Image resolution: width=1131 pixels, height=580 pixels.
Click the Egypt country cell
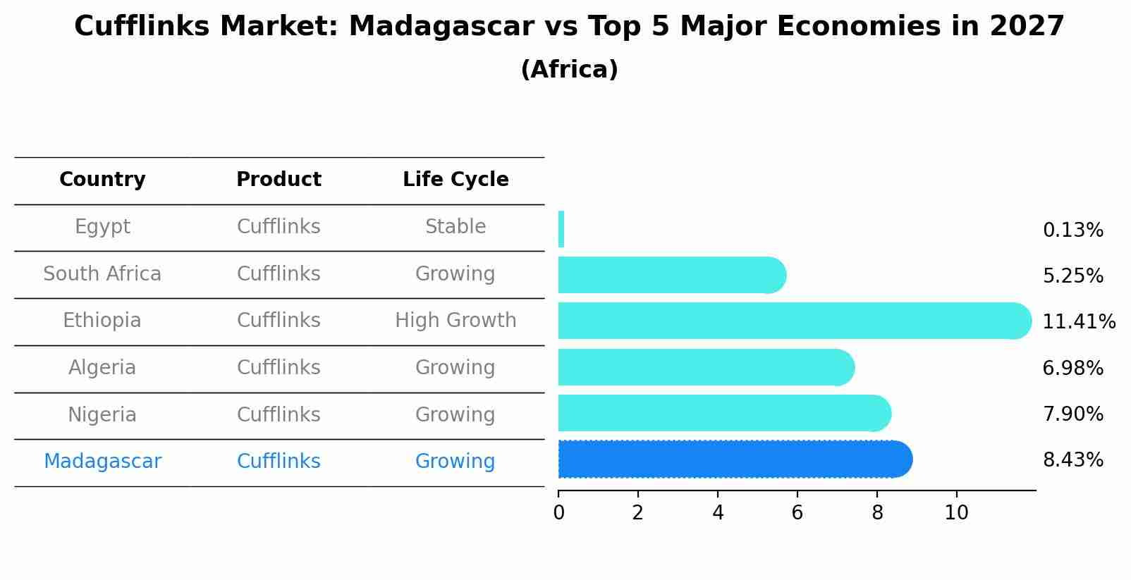[x=102, y=227]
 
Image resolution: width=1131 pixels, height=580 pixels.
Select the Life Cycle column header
[x=456, y=180]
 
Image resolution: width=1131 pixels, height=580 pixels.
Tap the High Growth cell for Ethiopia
[x=456, y=321]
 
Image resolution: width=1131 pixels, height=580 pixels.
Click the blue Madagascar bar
[x=733, y=459]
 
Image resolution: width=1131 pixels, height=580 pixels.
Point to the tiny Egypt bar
[x=561, y=229]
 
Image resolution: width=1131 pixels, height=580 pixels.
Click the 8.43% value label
[x=1072, y=460]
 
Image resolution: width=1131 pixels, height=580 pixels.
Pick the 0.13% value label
[x=1072, y=230]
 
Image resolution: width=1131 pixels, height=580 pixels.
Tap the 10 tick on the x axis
[x=956, y=513]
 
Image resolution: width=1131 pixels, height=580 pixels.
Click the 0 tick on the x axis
[x=558, y=513]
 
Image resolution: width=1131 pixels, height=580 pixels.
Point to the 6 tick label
[x=797, y=513]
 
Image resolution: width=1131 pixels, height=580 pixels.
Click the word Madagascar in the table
[x=102, y=462]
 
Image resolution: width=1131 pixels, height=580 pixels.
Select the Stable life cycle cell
[x=456, y=227]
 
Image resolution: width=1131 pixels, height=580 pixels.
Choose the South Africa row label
[x=102, y=274]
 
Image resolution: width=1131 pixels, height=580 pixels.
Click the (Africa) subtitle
[x=569, y=70]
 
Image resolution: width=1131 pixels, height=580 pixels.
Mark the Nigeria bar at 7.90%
[x=723, y=413]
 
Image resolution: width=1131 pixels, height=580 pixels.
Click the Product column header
[x=279, y=180]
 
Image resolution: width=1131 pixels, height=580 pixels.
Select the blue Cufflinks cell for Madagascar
[x=279, y=462]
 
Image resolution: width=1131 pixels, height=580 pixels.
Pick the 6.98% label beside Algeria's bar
[x=1072, y=368]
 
